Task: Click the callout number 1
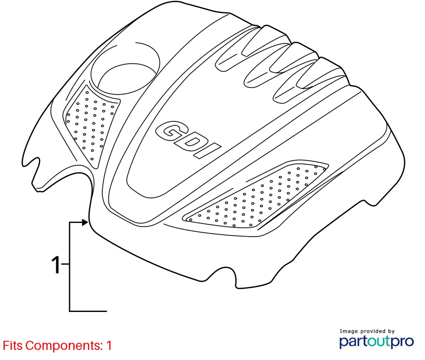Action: pos(56,264)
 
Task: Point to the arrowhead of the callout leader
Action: pos(85,222)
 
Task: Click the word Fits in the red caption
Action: pos(13,346)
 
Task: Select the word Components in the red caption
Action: pos(63,346)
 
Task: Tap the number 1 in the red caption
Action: pos(109,346)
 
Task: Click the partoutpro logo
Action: pos(376,342)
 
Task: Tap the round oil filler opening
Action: pos(125,68)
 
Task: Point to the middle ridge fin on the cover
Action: pos(279,65)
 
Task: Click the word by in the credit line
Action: pos(392,331)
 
